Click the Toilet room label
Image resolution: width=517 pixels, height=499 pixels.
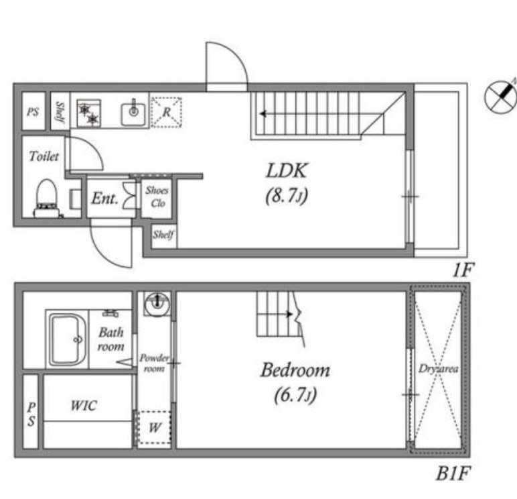pyautogui.click(x=44, y=156)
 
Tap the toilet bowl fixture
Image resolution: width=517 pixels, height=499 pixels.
pyautogui.click(x=46, y=199)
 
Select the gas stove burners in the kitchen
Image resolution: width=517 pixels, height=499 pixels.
pyautogui.click(x=89, y=113)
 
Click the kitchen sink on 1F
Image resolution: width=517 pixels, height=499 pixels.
pyautogui.click(x=133, y=113)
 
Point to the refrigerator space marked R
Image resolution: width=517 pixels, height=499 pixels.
pyautogui.click(x=166, y=112)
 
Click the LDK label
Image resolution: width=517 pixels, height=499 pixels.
pyautogui.click(x=287, y=171)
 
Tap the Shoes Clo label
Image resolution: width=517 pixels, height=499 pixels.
pyautogui.click(x=157, y=197)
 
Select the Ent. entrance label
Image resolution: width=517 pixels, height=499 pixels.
pyautogui.click(x=104, y=198)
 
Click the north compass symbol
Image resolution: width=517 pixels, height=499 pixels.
pyautogui.click(x=501, y=97)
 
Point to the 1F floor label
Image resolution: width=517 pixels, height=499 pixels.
pyautogui.click(x=463, y=270)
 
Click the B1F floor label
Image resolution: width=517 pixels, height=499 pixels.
pyautogui.click(x=453, y=474)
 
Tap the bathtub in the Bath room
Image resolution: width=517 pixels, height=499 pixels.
pyautogui.click(x=68, y=339)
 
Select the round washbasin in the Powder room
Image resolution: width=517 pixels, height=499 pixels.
pyautogui.click(x=157, y=304)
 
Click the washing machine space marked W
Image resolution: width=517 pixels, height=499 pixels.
pyautogui.click(x=154, y=428)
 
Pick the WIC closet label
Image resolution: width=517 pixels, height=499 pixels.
pyautogui.click(x=84, y=406)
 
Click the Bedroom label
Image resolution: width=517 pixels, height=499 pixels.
pyautogui.click(x=295, y=370)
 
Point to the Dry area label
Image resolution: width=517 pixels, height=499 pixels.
pyautogui.click(x=438, y=369)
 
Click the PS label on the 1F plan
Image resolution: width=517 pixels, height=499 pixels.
pyautogui.click(x=33, y=112)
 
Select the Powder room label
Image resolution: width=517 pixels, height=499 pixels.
pyautogui.click(x=154, y=363)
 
